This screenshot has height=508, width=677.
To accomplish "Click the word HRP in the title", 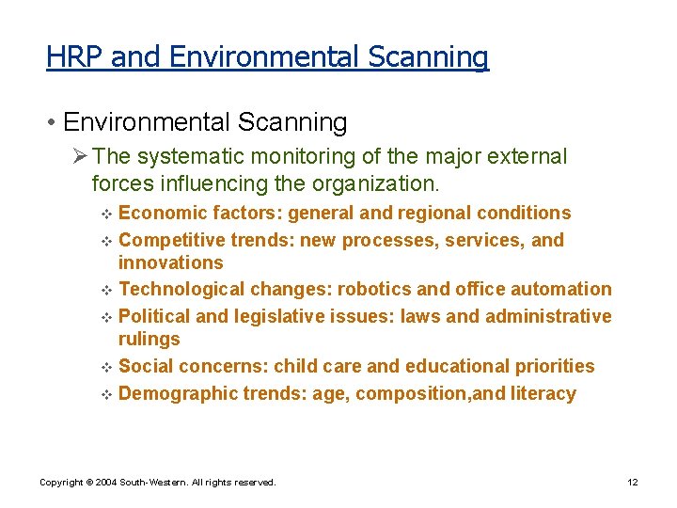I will tap(75, 57).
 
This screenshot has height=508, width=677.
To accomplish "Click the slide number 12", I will tap(633, 483).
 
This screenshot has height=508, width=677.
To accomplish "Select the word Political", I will tap(157, 316).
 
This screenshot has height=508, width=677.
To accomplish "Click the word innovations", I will tap(171, 263).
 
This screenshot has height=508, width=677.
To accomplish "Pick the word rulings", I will tap(149, 340).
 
